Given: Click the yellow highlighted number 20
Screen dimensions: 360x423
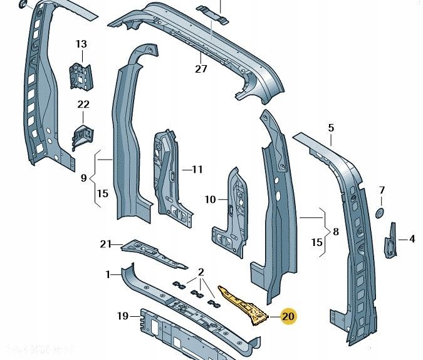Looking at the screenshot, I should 288,317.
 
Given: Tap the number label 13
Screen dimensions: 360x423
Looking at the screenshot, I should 81,44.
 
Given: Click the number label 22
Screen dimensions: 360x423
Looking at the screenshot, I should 83,105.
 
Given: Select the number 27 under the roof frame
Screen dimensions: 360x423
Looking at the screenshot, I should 201,69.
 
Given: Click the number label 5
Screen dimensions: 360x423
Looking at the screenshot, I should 332,128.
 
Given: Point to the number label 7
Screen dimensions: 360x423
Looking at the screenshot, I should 382,190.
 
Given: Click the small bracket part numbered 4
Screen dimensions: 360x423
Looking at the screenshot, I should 392,238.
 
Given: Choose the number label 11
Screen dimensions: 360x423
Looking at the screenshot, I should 197,169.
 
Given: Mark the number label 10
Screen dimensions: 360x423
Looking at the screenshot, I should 210,200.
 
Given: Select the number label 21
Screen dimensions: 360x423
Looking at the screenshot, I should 106,244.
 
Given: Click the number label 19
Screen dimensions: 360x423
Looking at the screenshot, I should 123,316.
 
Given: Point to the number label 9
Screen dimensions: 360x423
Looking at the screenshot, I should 83,178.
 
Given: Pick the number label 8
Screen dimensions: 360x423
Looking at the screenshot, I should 336,232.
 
